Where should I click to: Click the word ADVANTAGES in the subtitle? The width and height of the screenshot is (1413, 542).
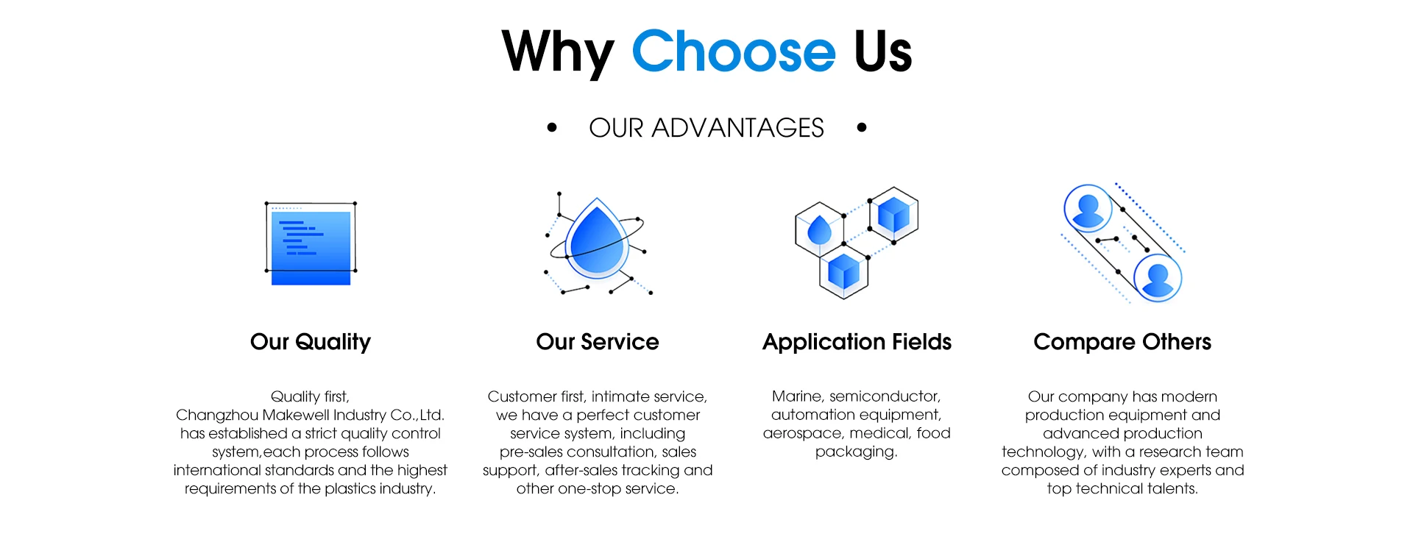pos(737,128)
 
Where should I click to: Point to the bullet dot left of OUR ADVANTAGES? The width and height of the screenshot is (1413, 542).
pos(552,128)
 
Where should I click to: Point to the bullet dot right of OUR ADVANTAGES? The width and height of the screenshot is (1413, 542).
pos(862,128)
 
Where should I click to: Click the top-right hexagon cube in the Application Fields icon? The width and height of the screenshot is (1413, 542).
pos(893,214)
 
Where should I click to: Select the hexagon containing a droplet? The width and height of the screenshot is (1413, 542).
pos(819,229)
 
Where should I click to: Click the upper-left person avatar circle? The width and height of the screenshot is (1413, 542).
pos(1088,208)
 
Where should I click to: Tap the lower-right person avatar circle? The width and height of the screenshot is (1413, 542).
pos(1157,277)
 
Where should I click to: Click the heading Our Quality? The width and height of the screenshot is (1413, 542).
pos(311,342)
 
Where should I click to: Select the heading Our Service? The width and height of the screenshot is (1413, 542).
pos(598,342)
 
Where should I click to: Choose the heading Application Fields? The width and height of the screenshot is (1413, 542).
pos(857,342)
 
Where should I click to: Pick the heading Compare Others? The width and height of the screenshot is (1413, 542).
pos(1122,342)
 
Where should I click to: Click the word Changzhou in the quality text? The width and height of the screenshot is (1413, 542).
pos(217,415)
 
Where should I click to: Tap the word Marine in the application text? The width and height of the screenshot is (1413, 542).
pos(796,396)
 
